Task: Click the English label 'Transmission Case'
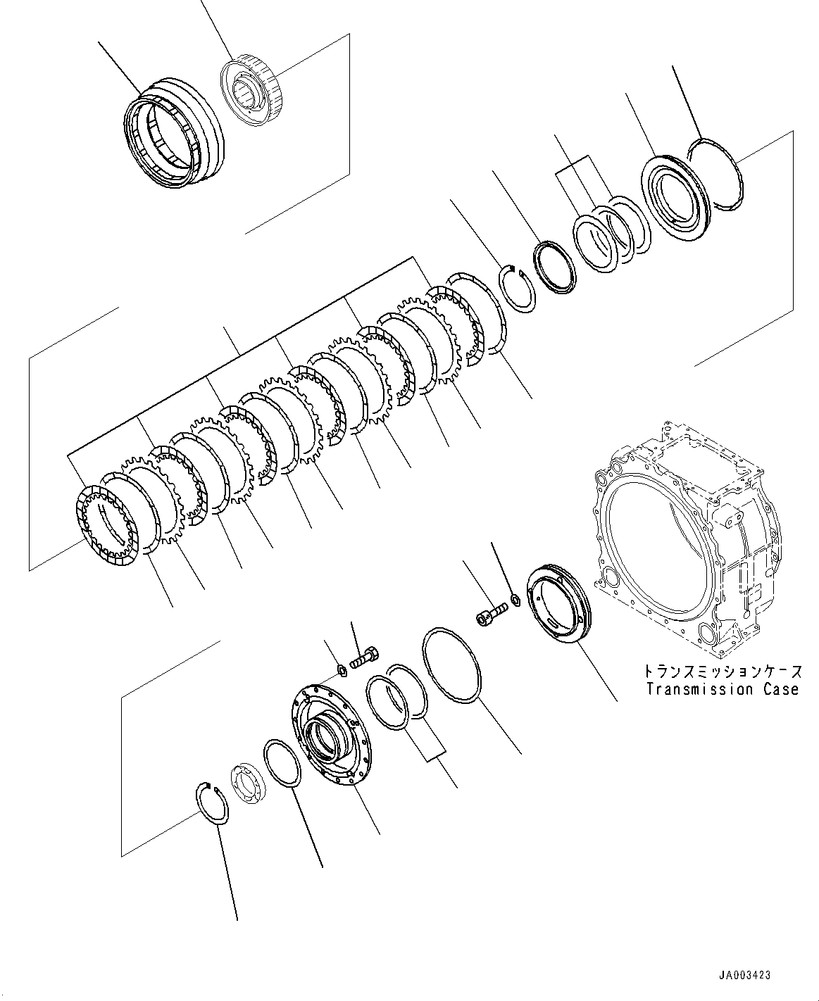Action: pos(723,690)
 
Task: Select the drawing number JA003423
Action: pos(744,975)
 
